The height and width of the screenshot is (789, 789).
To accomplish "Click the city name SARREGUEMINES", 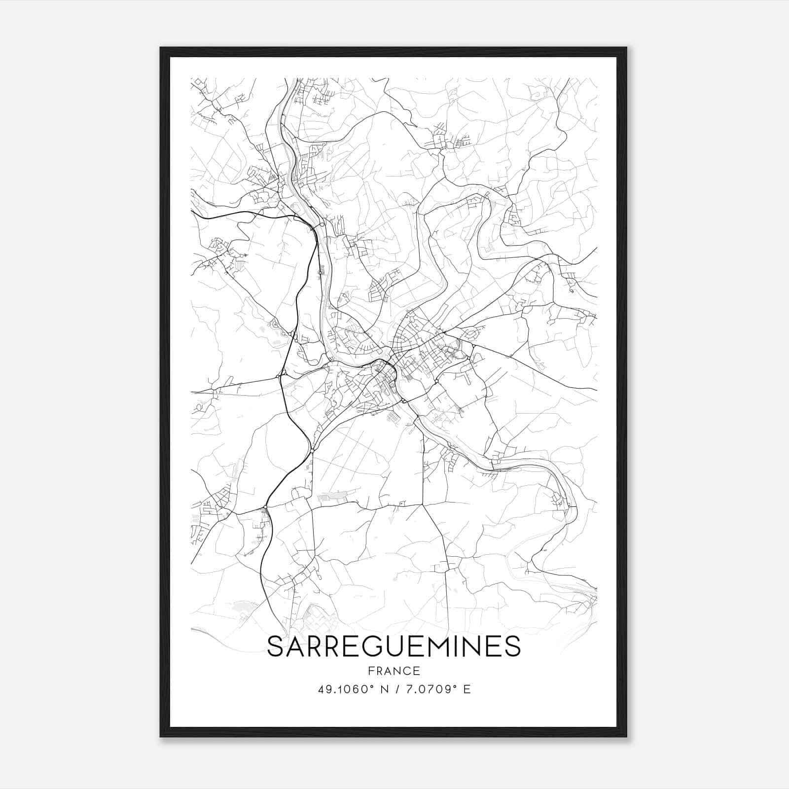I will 394,646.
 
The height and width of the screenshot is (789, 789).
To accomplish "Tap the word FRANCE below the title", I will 394,671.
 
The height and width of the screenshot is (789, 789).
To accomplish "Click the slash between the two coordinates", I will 397,689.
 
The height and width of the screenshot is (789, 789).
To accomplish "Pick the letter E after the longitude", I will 467,689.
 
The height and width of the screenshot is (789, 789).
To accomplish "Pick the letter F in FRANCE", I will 371,671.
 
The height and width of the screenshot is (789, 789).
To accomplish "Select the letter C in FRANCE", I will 407,671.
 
